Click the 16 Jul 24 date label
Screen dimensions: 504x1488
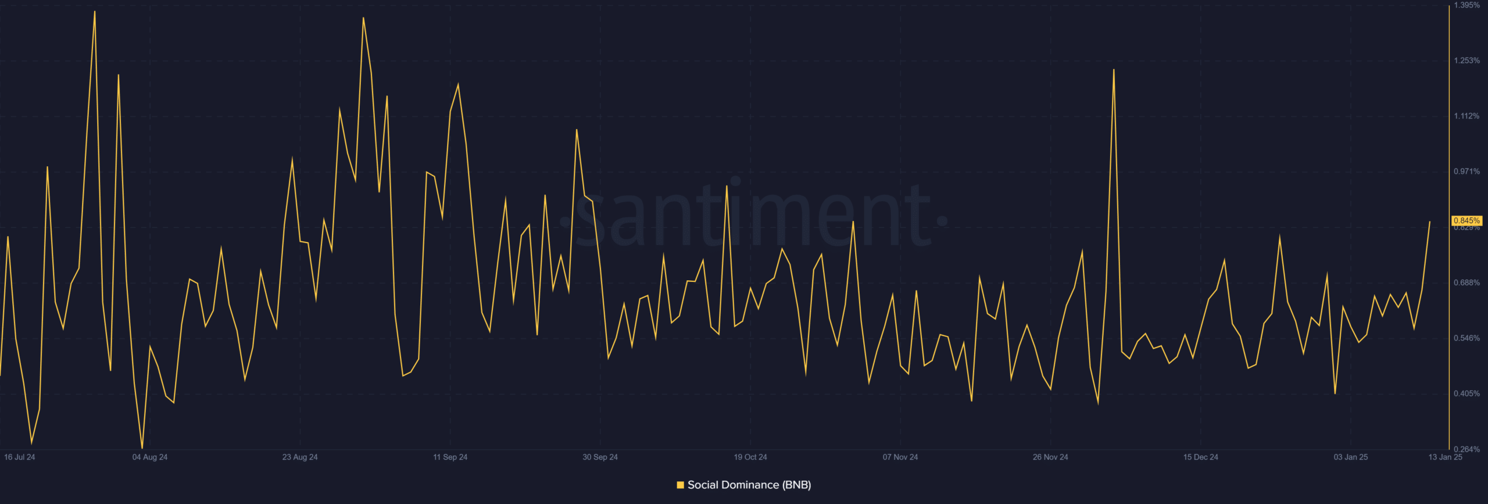pos(20,457)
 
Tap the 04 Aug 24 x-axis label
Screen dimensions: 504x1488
pos(150,457)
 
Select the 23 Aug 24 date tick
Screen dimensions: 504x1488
pos(300,457)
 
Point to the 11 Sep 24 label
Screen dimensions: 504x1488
pos(450,457)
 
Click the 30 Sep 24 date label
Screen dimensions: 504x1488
pos(600,457)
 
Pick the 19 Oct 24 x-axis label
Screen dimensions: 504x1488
pos(750,457)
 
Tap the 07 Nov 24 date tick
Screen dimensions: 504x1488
pos(900,457)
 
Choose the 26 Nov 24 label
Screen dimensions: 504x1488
pos(1050,457)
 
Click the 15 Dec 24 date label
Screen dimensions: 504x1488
pos(1200,457)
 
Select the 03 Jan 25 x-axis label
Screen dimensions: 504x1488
pos(1350,457)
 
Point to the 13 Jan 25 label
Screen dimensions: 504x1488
pos(1445,457)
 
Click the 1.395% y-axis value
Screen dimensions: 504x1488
pos(1466,5)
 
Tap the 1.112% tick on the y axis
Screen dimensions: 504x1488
pos(1466,116)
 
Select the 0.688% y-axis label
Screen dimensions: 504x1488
pos(1466,283)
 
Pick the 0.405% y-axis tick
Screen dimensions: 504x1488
pos(1466,394)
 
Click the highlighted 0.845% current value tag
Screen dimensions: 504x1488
pos(1466,221)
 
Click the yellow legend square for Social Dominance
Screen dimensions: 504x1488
pos(680,485)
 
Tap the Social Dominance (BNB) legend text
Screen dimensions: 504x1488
pos(749,485)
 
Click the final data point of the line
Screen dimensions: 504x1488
pos(1430,221)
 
